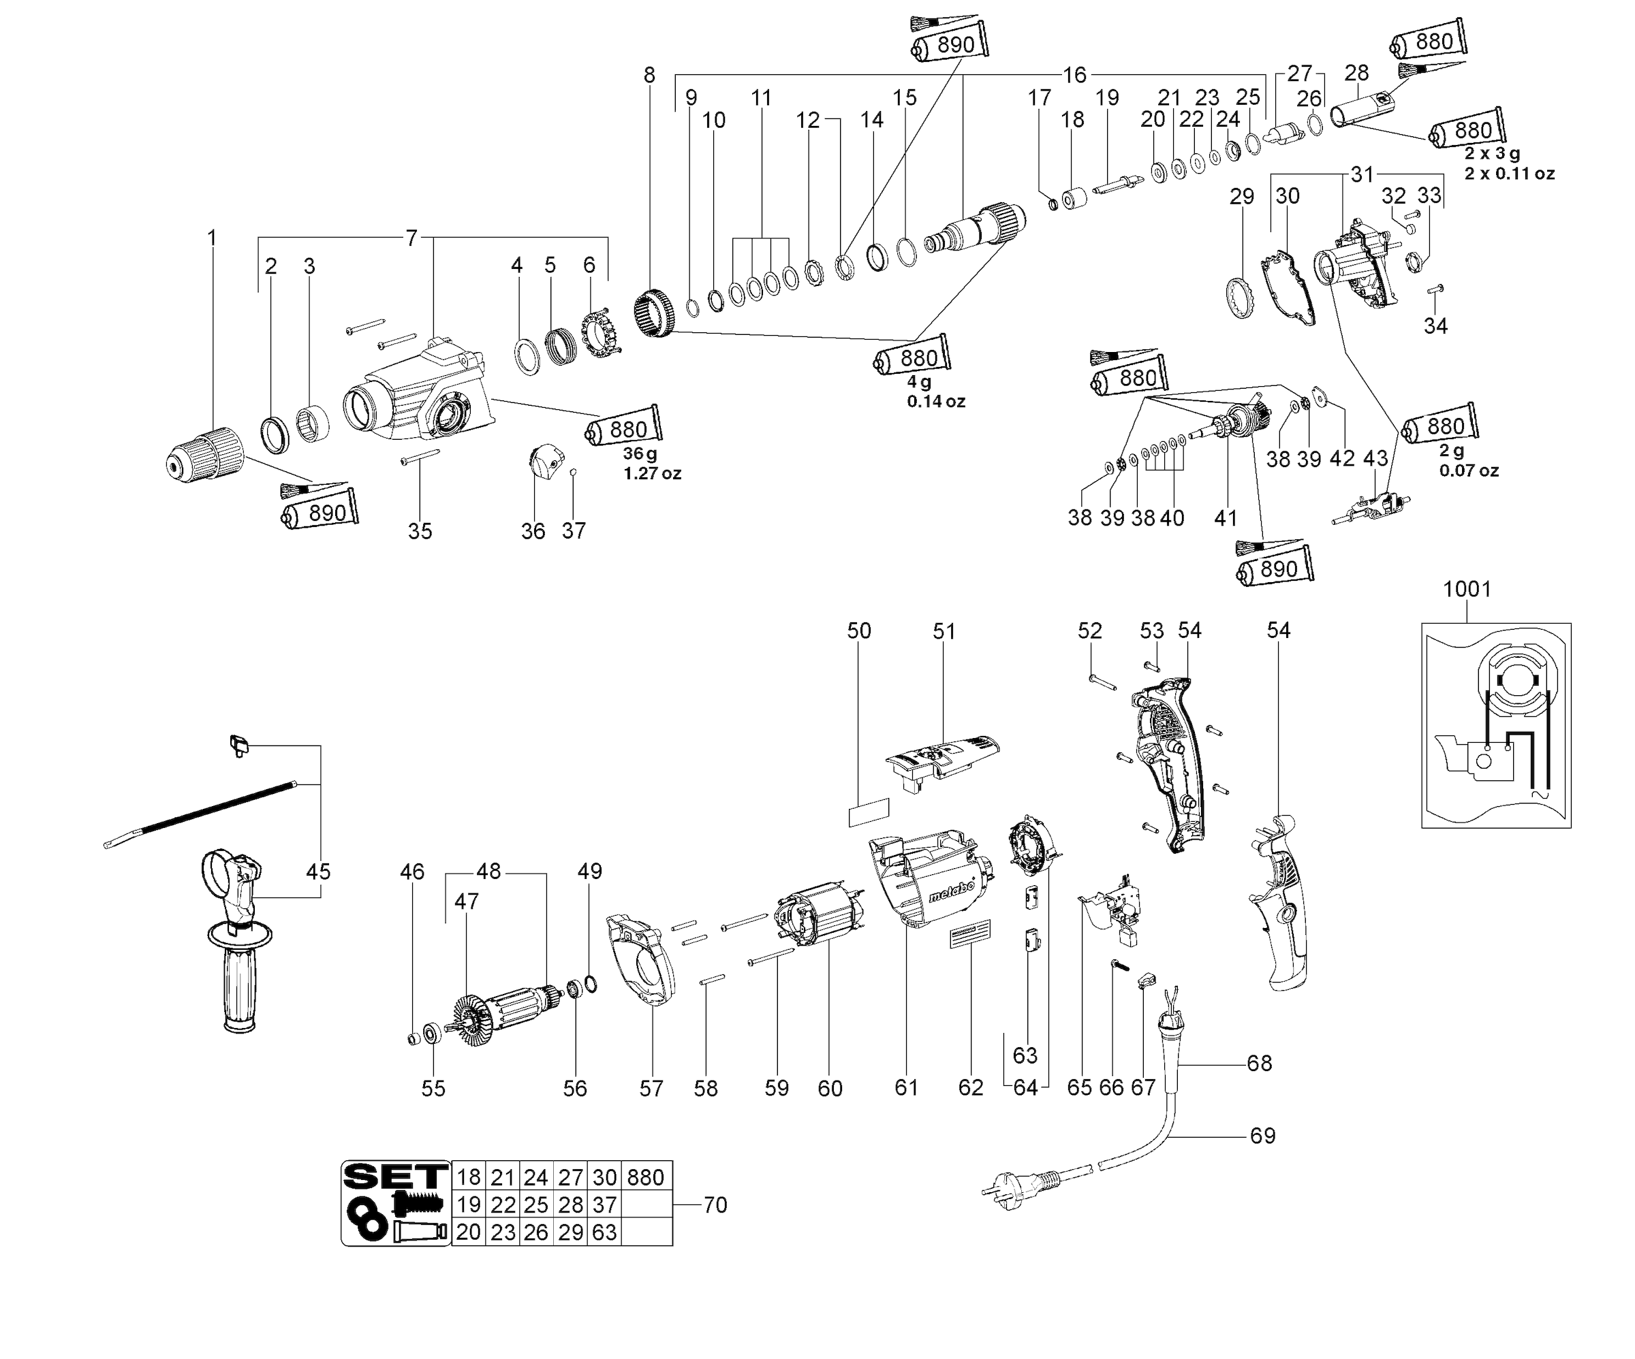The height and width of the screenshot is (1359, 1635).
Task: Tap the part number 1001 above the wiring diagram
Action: pyautogui.click(x=1467, y=589)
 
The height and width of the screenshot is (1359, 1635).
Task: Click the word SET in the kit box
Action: pyautogui.click(x=396, y=1176)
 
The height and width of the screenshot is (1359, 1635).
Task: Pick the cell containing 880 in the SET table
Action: pyautogui.click(x=645, y=1177)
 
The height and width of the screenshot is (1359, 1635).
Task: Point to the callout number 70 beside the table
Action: pyautogui.click(x=715, y=1205)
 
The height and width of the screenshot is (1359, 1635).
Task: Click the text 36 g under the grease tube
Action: pyautogui.click(x=640, y=453)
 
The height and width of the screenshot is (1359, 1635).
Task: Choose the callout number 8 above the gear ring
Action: pyautogui.click(x=649, y=76)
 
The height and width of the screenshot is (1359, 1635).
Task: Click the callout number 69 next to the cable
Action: pyautogui.click(x=1262, y=1136)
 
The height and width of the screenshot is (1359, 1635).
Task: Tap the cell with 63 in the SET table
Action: pyautogui.click(x=604, y=1232)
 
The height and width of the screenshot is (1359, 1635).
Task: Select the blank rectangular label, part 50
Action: pyautogui.click(x=868, y=812)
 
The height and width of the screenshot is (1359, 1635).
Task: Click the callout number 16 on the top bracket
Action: pyautogui.click(x=1074, y=76)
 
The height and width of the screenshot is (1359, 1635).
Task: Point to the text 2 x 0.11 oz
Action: pyautogui.click(x=1509, y=174)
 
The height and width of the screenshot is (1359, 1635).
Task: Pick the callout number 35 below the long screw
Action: pyautogui.click(x=420, y=532)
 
